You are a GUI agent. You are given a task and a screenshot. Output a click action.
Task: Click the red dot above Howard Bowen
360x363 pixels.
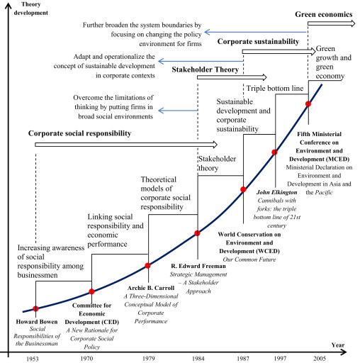35,308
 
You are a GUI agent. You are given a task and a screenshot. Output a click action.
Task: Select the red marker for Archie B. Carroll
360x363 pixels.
147,266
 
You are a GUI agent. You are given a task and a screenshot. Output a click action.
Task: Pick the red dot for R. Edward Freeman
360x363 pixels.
198,233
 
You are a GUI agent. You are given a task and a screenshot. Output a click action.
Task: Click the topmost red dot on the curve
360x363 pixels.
308,104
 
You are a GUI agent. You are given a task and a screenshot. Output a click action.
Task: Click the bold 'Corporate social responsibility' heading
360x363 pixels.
80,133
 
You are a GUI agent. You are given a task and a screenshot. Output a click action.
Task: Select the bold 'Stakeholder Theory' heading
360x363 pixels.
206,69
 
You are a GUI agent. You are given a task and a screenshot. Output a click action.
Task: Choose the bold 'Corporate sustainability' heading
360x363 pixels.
258,42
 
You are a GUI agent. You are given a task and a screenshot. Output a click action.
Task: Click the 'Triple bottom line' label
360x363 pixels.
274,88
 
